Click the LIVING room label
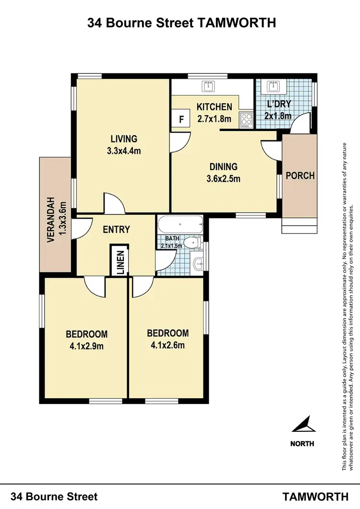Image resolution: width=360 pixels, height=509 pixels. click(x=124, y=139)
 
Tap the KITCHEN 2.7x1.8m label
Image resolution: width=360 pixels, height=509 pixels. click(x=215, y=112)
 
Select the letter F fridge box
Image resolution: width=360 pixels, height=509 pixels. click(x=181, y=119)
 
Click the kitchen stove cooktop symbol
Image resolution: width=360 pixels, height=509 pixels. click(x=246, y=118)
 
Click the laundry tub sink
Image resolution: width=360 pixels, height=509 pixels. click(x=273, y=86)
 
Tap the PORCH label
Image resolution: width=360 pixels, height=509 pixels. click(x=300, y=176)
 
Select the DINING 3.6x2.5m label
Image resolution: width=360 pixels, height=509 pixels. click(x=223, y=173)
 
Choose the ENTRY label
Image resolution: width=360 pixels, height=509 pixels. click(x=117, y=229)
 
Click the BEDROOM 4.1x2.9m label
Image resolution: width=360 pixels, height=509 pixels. click(x=86, y=339)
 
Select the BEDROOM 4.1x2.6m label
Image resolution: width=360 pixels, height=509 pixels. click(x=168, y=338)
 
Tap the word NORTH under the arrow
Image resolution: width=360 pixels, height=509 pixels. click(x=302, y=443)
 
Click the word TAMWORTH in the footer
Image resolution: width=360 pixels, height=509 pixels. click(x=315, y=497)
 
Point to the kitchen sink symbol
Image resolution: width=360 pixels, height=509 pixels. click(x=209, y=86)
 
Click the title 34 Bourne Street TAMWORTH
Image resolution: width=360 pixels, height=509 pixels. click(x=181, y=23)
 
